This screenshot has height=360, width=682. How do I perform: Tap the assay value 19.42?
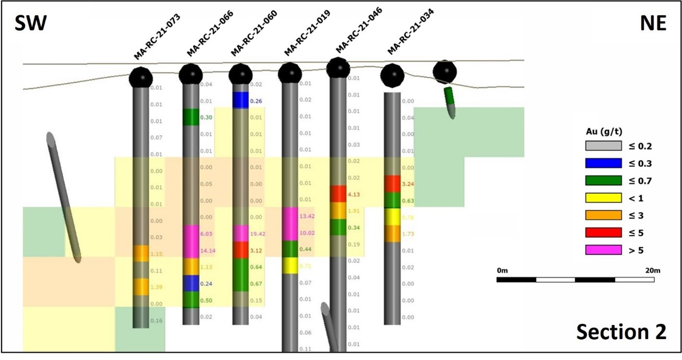click(257, 234)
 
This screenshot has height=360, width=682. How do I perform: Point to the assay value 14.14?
click(209, 251)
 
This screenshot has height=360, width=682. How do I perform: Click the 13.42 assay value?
click(307, 216)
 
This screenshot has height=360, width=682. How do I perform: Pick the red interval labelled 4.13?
click(338, 194)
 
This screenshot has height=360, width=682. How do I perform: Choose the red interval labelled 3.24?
click(392, 184)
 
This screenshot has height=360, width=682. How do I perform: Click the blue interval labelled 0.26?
click(240, 100)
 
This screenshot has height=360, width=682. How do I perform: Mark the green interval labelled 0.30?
click(191, 117)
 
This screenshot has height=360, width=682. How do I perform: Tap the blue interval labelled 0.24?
click(191, 283)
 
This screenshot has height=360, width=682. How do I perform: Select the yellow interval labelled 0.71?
click(289, 266)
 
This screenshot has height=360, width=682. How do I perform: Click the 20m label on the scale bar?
click(652, 270)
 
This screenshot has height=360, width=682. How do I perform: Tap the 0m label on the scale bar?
click(502, 270)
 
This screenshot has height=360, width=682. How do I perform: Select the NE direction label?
click(652, 23)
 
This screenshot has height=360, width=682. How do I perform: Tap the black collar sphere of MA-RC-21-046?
click(338, 68)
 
